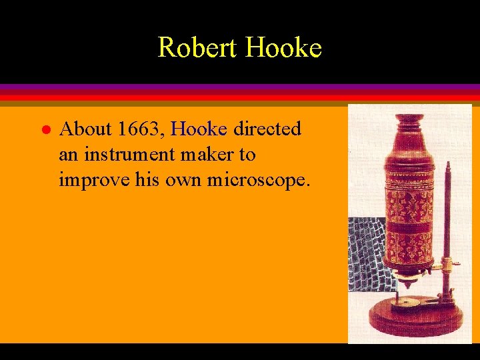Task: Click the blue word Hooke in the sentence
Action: tap(199, 128)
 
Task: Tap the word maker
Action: tap(206, 155)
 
